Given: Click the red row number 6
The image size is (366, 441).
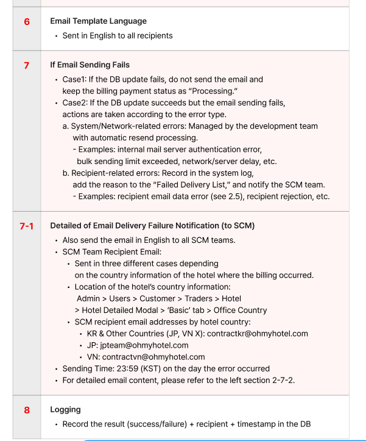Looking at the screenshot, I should click(x=26, y=22).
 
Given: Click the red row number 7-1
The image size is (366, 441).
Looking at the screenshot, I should click(x=26, y=226).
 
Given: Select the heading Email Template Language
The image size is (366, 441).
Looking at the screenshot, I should click(x=98, y=21).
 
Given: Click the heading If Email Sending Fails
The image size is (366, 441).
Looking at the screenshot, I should click(x=90, y=65).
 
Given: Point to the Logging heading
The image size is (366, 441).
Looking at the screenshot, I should click(x=65, y=410).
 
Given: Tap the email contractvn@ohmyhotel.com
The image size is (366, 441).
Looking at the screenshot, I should click(x=153, y=357).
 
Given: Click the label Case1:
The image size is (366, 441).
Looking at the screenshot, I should click(x=76, y=79).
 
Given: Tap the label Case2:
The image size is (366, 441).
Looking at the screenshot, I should click(x=77, y=102).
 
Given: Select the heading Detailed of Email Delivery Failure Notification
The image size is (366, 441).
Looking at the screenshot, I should click(x=152, y=226).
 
